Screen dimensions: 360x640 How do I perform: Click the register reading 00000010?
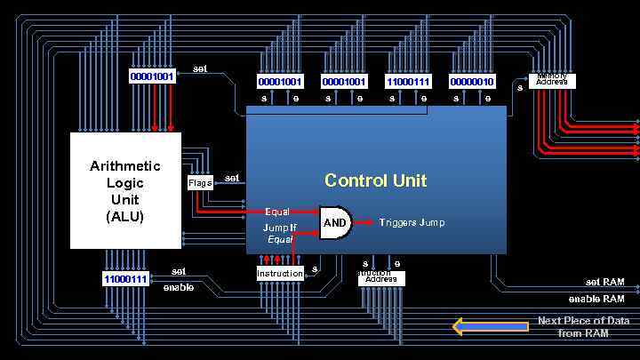(472, 82)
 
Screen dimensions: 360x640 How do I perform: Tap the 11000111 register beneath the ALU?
(125, 279)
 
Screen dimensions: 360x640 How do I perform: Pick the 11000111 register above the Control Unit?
(408, 82)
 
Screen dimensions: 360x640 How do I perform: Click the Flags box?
(200, 183)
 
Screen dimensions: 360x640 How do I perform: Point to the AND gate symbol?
(336, 223)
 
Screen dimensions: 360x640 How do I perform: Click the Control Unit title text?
(375, 180)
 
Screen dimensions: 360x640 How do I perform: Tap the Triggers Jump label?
(412, 222)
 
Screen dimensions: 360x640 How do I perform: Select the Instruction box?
(280, 273)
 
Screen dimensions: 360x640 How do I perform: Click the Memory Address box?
(552, 81)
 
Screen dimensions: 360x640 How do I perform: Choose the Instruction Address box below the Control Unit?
(381, 278)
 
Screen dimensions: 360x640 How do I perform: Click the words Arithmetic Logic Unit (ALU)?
(125, 190)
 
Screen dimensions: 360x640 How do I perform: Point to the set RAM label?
(604, 282)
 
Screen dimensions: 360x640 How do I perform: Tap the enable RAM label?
(596, 299)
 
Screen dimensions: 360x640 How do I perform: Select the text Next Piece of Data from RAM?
(583, 327)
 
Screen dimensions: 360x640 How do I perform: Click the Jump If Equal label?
(280, 233)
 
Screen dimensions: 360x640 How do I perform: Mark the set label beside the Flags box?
(232, 178)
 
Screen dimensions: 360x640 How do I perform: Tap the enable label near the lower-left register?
(178, 287)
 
